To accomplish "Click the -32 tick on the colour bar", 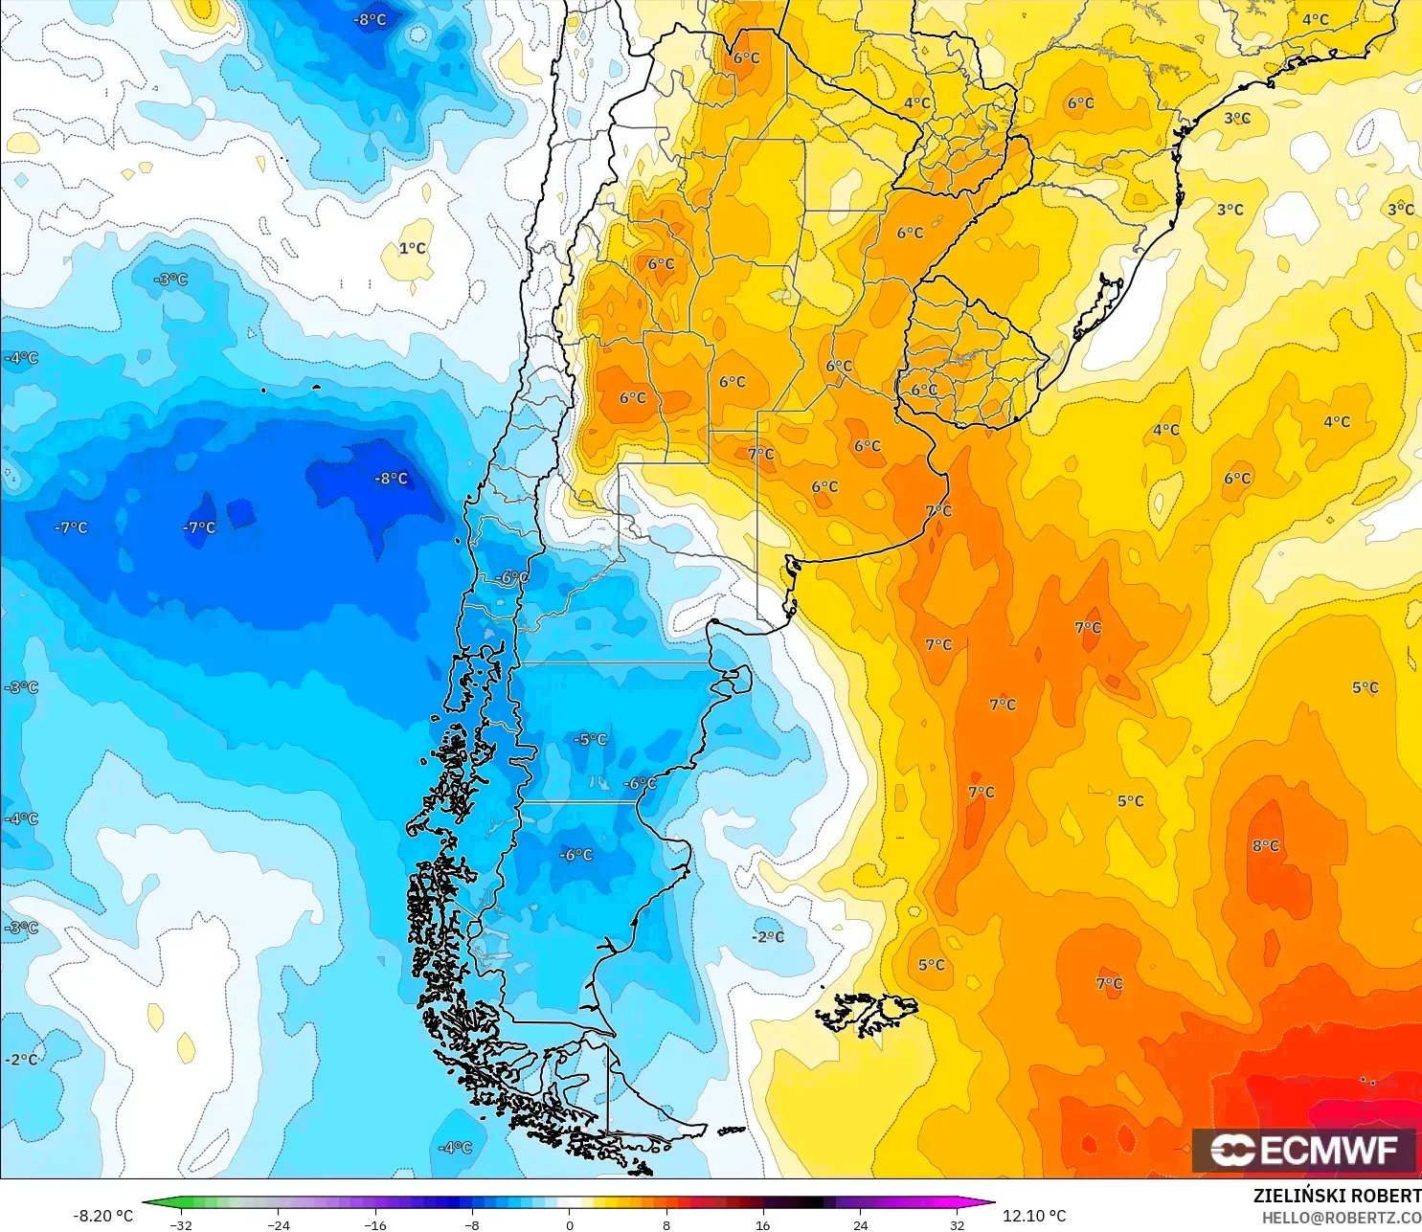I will [181, 1224].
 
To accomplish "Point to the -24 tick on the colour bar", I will [278, 1224].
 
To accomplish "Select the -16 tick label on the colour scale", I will [375, 1224].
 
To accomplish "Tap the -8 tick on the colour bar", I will [472, 1224].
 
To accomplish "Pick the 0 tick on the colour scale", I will [570, 1224].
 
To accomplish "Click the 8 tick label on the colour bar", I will [666, 1224].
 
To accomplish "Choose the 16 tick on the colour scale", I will [763, 1224].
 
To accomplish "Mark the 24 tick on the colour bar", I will [861, 1224].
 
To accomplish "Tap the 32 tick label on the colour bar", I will [958, 1224].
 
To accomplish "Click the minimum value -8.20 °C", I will [103, 1216].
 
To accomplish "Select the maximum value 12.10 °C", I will [1034, 1216].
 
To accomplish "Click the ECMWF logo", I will [1303, 1151].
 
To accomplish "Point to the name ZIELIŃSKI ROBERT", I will [1337, 1196].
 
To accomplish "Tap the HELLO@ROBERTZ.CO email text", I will [1341, 1218].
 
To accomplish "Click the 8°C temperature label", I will [1266, 845].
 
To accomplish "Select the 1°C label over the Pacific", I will [413, 249].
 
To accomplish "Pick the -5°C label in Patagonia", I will [591, 739].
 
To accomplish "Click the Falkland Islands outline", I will [867, 1013].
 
